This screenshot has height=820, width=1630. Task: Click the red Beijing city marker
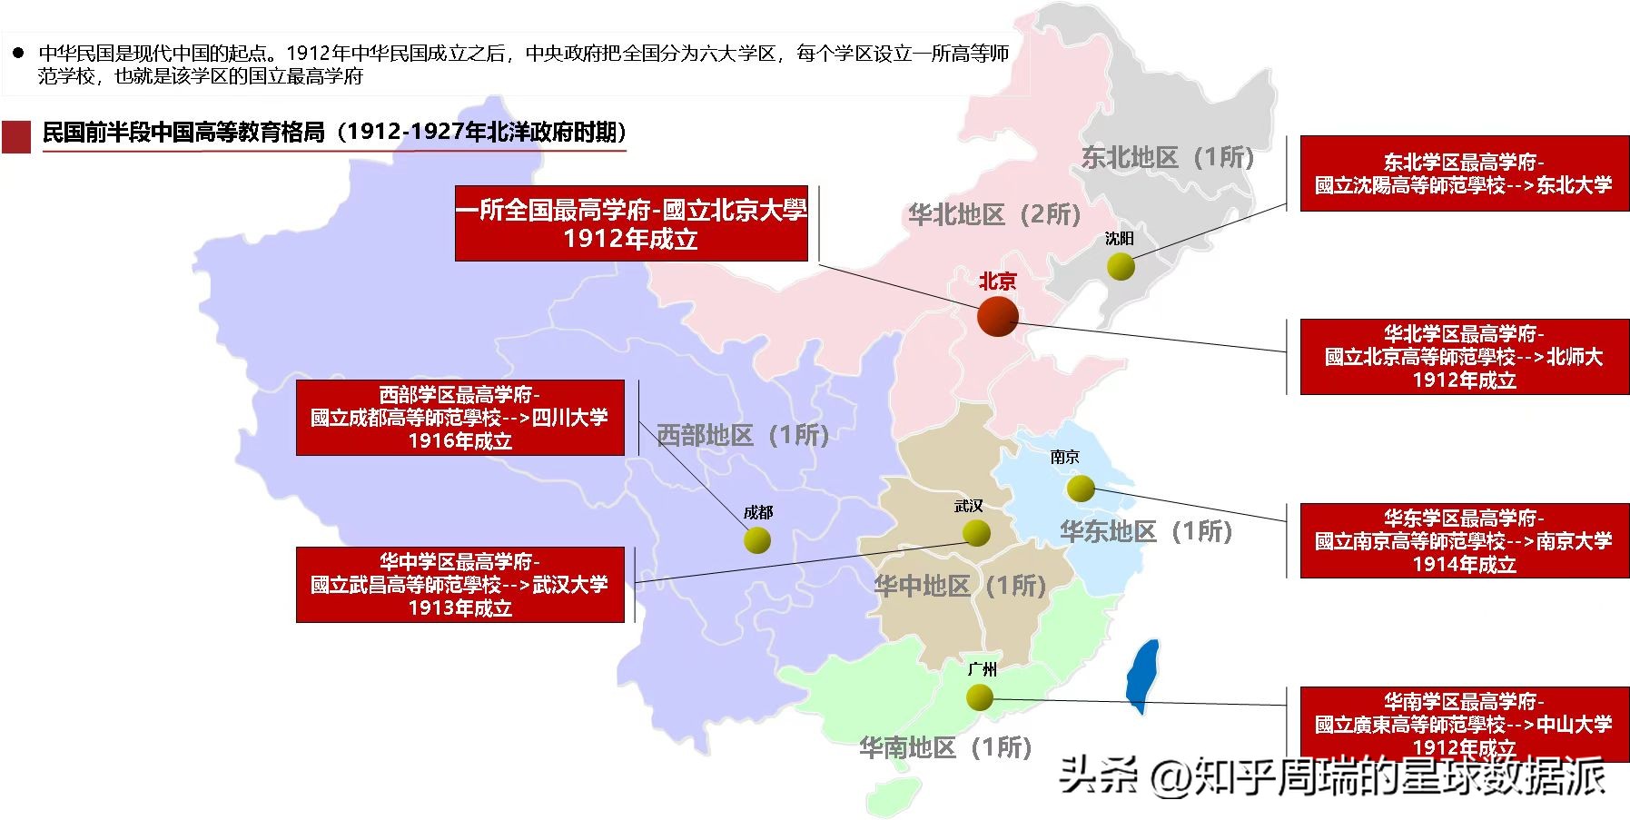[997, 316]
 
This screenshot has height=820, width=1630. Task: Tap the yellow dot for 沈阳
[1121, 266]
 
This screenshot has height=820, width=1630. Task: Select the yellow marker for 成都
[757, 539]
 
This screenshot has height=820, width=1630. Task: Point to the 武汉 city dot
[976, 532]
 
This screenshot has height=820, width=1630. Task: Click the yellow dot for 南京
[1081, 489]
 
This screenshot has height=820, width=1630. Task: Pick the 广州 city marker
[980, 697]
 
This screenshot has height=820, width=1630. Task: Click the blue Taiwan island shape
[1142, 677]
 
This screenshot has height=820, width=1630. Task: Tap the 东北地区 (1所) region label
[1168, 158]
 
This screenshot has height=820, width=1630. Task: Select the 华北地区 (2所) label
[994, 215]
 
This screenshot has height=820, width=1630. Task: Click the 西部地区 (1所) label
[743, 436]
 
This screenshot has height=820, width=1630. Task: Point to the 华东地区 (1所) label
[1146, 532]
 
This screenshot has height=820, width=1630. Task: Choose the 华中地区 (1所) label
[960, 587]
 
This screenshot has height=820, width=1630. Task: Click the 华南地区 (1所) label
[945, 748]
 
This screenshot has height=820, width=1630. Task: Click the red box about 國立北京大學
[631, 224]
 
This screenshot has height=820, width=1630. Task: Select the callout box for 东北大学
[1464, 173]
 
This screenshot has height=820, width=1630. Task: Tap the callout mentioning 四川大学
[460, 418]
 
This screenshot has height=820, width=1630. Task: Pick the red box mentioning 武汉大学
[460, 585]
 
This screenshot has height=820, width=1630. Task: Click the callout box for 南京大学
[1464, 541]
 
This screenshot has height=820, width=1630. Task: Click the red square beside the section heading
[16, 137]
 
